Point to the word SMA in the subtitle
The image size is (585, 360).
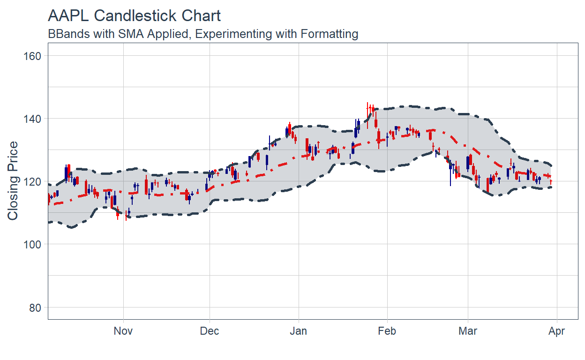[x=131, y=34]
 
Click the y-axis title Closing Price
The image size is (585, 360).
[x=13, y=180]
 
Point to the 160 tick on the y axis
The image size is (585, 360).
[x=32, y=56]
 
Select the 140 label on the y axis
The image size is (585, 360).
[x=32, y=119]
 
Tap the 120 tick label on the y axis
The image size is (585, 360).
[x=32, y=181]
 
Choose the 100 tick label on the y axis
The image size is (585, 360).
[x=32, y=244]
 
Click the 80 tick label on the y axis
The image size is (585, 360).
[x=35, y=307]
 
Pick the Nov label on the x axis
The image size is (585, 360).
[x=123, y=331]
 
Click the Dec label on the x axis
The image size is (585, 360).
[x=210, y=331]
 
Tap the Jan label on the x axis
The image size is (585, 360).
[x=298, y=331]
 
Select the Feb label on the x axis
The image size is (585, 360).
[x=387, y=331]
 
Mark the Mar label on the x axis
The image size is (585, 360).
[x=468, y=331]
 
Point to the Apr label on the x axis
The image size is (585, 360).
[x=556, y=331]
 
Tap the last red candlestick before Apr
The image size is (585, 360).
[x=551, y=181]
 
